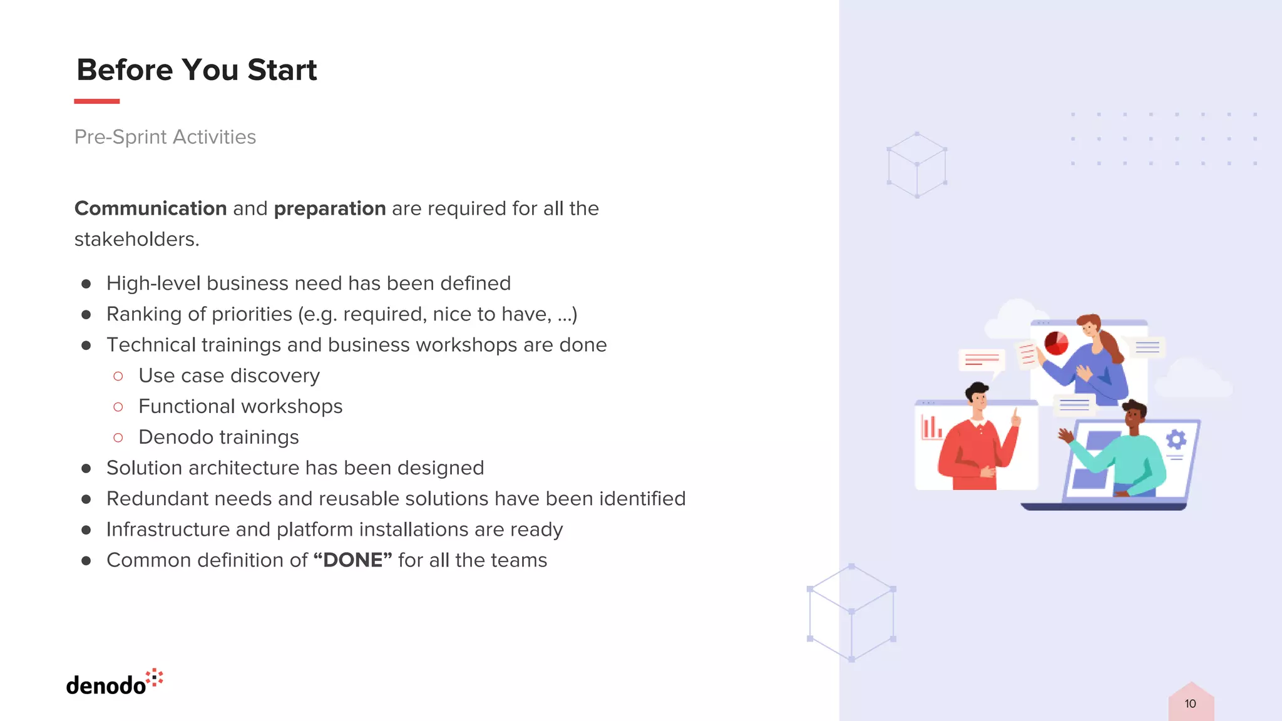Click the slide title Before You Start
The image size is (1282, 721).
tap(197, 69)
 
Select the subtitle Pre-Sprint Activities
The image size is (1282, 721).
tap(165, 136)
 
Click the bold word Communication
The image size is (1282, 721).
tap(150, 208)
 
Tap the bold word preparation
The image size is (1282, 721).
tap(330, 208)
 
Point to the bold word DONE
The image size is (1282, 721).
tap(352, 560)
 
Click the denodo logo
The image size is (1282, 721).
tap(114, 683)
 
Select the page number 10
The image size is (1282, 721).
tap(1190, 703)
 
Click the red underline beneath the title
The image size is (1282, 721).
tap(96, 101)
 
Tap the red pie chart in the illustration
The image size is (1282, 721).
tap(1056, 343)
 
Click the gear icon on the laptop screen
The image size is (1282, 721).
tap(1176, 439)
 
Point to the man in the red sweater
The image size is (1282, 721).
tap(977, 444)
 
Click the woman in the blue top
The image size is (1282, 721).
tap(1095, 363)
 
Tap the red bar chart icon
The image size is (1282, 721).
tap(931, 428)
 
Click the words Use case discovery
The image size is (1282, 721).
tap(229, 376)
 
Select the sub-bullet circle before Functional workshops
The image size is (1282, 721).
tap(118, 407)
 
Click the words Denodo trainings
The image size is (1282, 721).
tap(218, 437)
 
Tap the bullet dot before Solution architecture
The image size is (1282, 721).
tap(86, 468)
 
